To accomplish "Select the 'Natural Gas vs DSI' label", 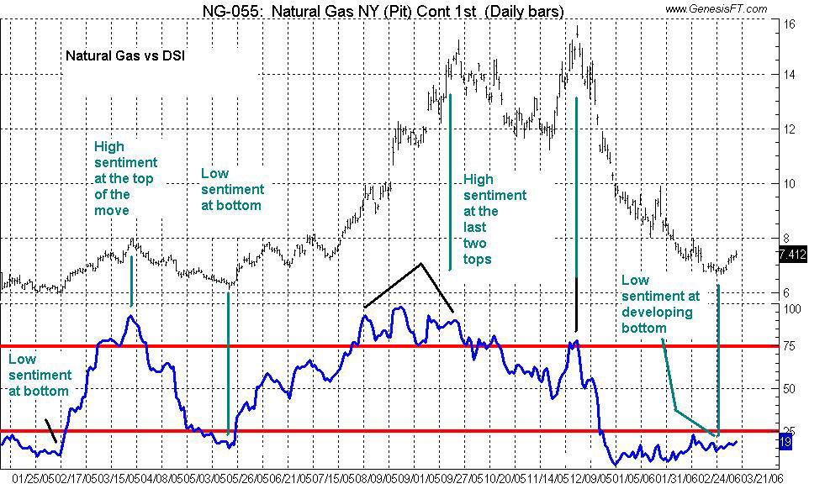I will pyautogui.click(x=125, y=57).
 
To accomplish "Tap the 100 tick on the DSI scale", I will pyautogui.click(x=791, y=309).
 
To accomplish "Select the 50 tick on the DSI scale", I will pyautogui.click(x=790, y=389).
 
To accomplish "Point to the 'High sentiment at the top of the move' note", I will pyautogui.click(x=125, y=178).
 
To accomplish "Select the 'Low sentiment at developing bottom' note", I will pyautogui.click(x=660, y=303).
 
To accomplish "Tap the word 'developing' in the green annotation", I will pyautogui.click(x=657, y=313).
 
